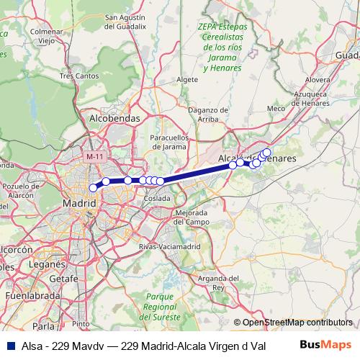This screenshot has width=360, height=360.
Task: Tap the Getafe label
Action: point(64,278)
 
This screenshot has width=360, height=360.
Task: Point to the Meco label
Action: point(276,109)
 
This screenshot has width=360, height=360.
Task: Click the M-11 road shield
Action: point(94,156)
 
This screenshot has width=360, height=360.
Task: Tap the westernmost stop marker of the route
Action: point(93,188)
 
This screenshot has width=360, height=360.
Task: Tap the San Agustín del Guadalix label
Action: point(130,22)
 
